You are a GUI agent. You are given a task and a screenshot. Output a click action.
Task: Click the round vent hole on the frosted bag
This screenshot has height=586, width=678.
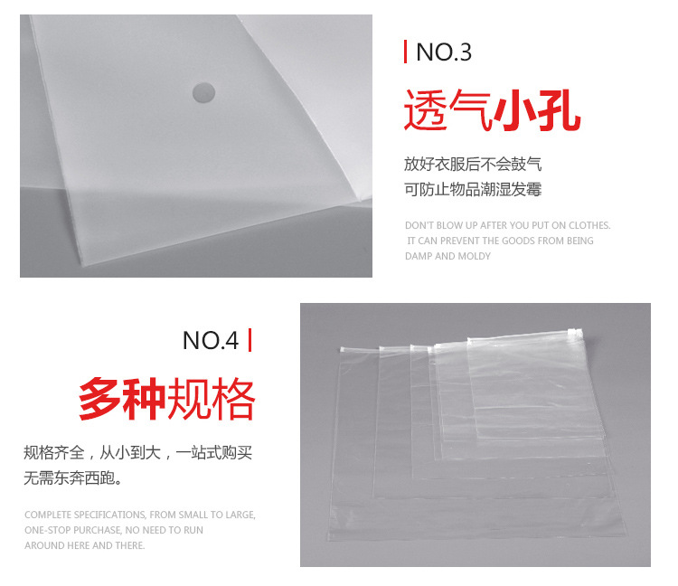pos(203,93)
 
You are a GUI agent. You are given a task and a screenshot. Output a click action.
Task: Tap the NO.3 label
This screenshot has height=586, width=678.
pos(444,52)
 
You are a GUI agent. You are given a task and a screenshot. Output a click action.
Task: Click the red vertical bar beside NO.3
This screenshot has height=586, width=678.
pos(405,52)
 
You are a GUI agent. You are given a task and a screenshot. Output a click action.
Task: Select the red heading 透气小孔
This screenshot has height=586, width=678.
pos(492,110)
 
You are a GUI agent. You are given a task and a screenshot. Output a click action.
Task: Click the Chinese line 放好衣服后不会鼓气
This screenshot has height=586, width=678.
pos(473,165)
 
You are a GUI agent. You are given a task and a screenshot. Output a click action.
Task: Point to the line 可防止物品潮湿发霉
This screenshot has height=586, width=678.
pos(473,189)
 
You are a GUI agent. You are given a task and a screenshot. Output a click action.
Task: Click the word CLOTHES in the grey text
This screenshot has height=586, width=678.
pos(589,225)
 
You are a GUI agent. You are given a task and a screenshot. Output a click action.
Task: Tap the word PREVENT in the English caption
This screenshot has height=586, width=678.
pos(459,241)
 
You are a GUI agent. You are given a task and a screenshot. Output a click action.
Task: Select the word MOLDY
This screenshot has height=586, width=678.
pos(474,256)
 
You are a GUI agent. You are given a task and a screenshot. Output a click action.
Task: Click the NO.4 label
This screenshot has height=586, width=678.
pos(210,340)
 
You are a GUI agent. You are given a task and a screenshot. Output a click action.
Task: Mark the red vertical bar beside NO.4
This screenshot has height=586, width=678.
pos(250,340)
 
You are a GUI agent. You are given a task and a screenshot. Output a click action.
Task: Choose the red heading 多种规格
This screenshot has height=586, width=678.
pos(167,398)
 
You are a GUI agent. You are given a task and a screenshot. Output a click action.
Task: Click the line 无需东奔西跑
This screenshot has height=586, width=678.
pos(73,477)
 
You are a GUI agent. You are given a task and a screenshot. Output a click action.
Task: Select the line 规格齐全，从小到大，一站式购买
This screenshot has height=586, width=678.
pos(138,453)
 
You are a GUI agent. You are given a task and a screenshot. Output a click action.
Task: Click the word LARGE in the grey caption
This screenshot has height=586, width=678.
pos(240,515)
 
